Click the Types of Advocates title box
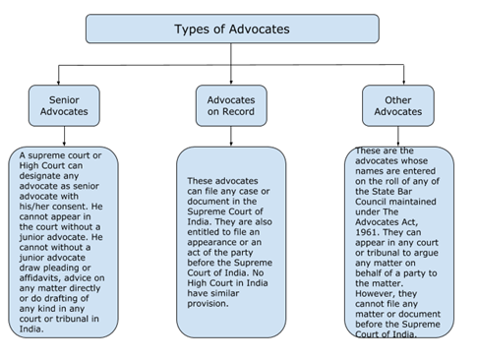coord(232,29)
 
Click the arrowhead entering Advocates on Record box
coord(231,82)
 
